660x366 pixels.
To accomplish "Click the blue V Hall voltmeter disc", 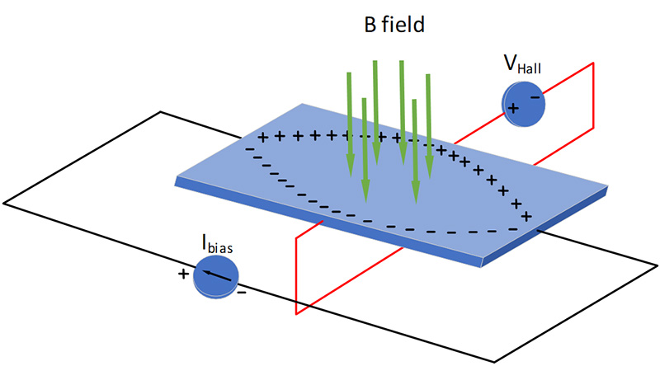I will click(x=523, y=107).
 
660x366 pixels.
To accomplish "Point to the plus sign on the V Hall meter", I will click(x=512, y=108).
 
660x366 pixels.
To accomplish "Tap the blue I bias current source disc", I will click(x=216, y=278).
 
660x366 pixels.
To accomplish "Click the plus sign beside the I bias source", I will click(x=182, y=273).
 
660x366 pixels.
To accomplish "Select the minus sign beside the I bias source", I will click(x=241, y=293).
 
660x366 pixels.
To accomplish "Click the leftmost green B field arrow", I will click(x=350, y=124).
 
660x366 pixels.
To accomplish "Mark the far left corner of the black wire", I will click(x=4, y=200).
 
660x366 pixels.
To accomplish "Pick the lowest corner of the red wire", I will click(x=295, y=314).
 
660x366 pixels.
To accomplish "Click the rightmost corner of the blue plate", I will click(x=611, y=189).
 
